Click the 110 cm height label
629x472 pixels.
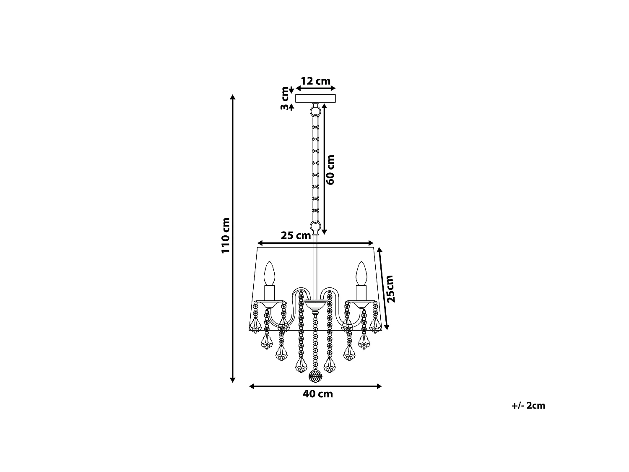pos(226,235)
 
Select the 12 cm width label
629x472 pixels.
pos(315,81)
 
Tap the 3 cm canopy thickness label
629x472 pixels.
pos(285,98)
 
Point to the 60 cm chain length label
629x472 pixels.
pos(330,170)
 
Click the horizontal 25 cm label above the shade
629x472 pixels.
pos(296,235)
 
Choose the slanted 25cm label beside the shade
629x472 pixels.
pos(390,289)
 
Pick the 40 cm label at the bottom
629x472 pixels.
pos(318,394)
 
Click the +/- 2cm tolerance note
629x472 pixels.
pos(528,406)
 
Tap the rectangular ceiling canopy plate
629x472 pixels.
pos(315,98)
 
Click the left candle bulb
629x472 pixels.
pos(269,274)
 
